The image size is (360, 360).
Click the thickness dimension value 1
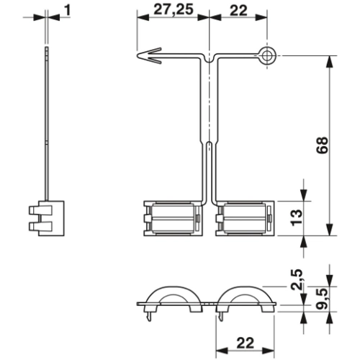[x=66, y=9]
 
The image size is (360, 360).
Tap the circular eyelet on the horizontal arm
[x=267, y=55]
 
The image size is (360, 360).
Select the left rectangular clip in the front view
[x=171, y=217]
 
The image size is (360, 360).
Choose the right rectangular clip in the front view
[x=245, y=217]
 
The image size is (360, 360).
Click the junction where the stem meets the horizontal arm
[x=208, y=58]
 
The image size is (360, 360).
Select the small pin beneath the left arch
[x=149, y=312]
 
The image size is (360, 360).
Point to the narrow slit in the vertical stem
[x=208, y=173]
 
